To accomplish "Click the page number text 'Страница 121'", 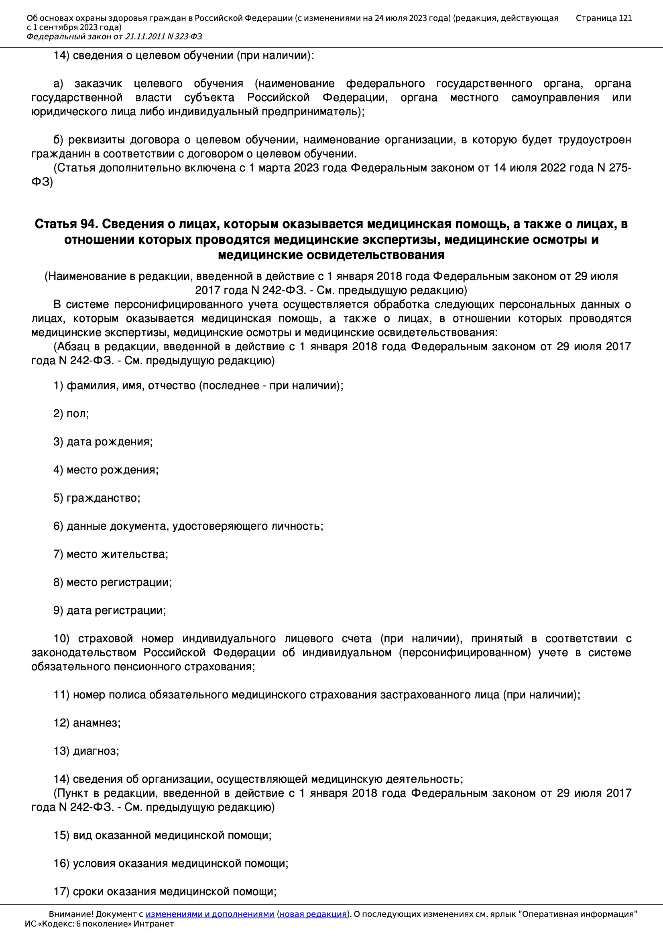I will tap(603, 18).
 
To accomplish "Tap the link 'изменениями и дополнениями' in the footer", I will tap(209, 914).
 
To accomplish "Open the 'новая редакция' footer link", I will tap(313, 914).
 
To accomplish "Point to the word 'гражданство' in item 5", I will tap(102, 498).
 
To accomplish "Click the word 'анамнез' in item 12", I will tap(96, 723).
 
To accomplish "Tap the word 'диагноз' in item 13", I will tap(95, 751).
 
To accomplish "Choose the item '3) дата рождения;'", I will tap(103, 442).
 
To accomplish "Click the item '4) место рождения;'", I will tap(106, 469).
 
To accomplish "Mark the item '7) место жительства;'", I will tap(111, 554).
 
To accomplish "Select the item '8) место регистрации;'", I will tap(112, 582).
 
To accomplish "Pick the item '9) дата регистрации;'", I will tap(110, 610).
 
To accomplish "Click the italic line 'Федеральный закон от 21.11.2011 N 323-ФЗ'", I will tap(114, 37).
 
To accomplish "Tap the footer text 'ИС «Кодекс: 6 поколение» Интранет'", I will tap(99, 924).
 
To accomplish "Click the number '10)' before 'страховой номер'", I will tap(61, 639).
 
